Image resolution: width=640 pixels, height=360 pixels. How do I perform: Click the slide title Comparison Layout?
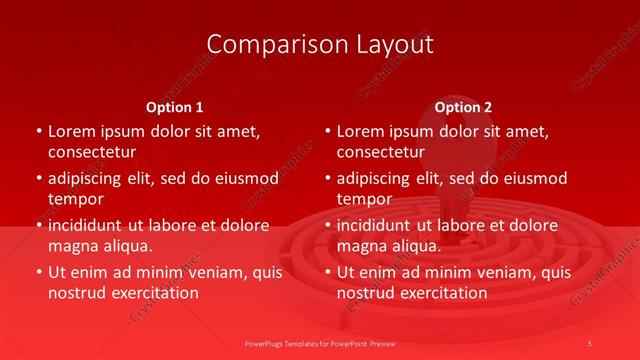(320, 44)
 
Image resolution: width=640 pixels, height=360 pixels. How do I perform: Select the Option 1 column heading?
(175, 106)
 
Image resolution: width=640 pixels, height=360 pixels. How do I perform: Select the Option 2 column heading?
(463, 106)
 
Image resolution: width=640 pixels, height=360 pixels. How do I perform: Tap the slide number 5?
(590, 342)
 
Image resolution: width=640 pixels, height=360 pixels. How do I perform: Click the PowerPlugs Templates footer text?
(319, 342)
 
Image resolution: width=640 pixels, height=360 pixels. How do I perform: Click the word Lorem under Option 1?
(72, 131)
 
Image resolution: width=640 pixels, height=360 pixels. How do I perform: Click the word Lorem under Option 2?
(361, 131)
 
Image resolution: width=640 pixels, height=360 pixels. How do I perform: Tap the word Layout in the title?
(397, 44)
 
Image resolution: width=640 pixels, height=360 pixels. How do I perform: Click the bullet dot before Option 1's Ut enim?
(38, 272)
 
